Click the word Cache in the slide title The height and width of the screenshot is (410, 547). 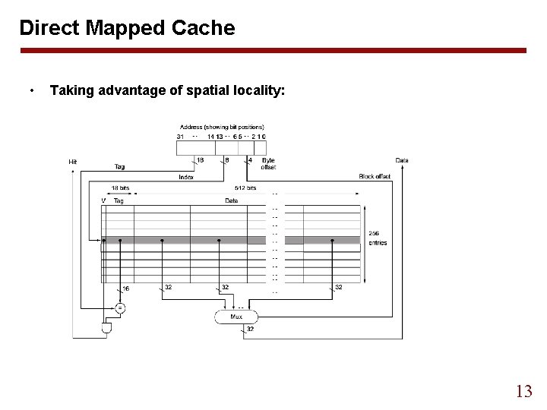pos(202,29)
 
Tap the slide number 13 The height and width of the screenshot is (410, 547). pos(523,391)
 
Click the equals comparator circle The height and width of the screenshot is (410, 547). pos(120,307)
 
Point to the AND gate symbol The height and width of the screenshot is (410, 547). pos(107,329)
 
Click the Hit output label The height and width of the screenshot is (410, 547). pos(73,161)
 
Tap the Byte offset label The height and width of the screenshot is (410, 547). pos(268,164)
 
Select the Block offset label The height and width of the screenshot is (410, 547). pos(375,176)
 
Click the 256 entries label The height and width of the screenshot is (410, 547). pos(378,238)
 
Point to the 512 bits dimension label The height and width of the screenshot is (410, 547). pos(246,188)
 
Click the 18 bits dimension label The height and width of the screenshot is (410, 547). pos(120,188)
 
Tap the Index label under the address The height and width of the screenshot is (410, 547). pos(185,176)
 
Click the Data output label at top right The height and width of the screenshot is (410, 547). pos(402,160)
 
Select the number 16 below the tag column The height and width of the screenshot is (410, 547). pos(127,289)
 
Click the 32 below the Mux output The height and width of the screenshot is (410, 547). pos(250,329)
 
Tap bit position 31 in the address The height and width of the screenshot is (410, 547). pos(180,136)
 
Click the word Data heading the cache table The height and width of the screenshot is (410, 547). pos(231,200)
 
